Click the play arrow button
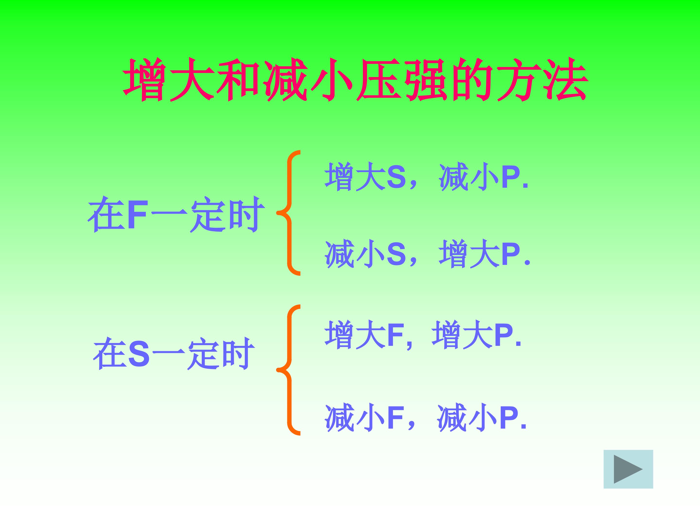pos(628,469)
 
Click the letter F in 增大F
pos(394,335)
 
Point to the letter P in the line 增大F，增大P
pos(503,335)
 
